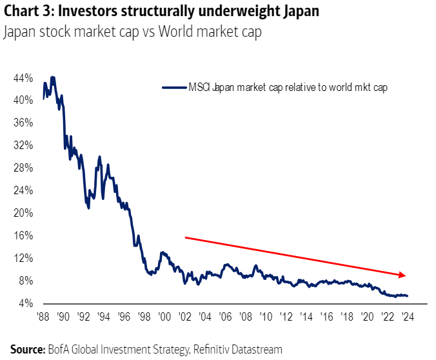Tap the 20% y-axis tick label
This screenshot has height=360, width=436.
(x=24, y=213)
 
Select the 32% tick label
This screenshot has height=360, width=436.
(x=24, y=145)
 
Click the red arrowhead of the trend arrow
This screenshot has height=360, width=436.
(x=402, y=275)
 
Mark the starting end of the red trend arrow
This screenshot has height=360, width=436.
(x=186, y=237)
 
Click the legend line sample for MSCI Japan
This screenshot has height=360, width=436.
(x=173, y=87)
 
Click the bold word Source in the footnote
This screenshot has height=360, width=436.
(x=26, y=349)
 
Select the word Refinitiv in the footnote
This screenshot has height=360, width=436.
(x=210, y=349)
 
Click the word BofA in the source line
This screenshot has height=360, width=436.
(x=60, y=349)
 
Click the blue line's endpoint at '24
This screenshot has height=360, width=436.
(x=407, y=296)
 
